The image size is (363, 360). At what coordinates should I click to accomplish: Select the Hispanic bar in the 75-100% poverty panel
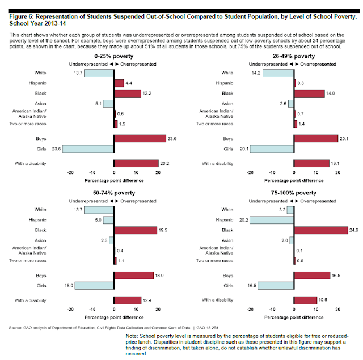pos(271,220)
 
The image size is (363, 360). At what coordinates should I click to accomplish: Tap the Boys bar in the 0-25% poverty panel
pos(140,138)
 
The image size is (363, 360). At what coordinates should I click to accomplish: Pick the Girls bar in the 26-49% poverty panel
pos(272,149)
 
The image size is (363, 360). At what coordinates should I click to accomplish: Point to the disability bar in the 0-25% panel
pos(136,164)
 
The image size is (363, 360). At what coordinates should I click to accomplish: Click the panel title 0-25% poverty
pos(114,57)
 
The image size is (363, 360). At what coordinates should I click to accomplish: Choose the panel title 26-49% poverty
pos(294,57)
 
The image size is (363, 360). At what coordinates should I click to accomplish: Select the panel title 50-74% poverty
pos(114,193)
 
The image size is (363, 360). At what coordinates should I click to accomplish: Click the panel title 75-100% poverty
pos(294,193)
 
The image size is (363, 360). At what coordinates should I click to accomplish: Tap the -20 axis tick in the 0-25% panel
pos(70,172)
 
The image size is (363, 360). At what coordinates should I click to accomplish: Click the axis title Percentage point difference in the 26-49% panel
pos(294,180)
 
